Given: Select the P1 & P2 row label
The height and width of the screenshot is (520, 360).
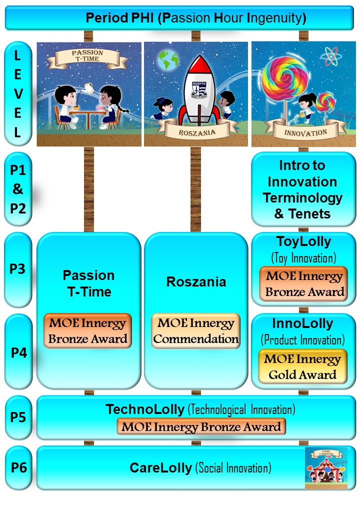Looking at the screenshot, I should pos(18,189).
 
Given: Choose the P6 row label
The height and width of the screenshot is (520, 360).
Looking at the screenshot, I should pos(18,468).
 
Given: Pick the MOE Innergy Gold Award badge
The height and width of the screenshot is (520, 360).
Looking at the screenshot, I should pos(303,366).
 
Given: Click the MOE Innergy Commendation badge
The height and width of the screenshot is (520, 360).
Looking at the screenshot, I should pos(196,331).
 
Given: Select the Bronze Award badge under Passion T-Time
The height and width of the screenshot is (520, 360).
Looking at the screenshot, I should pos(88,331).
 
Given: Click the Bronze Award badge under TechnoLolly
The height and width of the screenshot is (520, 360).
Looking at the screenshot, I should pos(201,427).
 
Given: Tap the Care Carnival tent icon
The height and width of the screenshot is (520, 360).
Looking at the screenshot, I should pos(325,467).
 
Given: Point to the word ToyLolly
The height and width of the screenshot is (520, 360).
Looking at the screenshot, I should pos(303,241).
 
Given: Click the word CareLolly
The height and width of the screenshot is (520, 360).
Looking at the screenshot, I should pos(160,468).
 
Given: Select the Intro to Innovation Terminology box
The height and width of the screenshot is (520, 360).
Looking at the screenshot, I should pos(303,189).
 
